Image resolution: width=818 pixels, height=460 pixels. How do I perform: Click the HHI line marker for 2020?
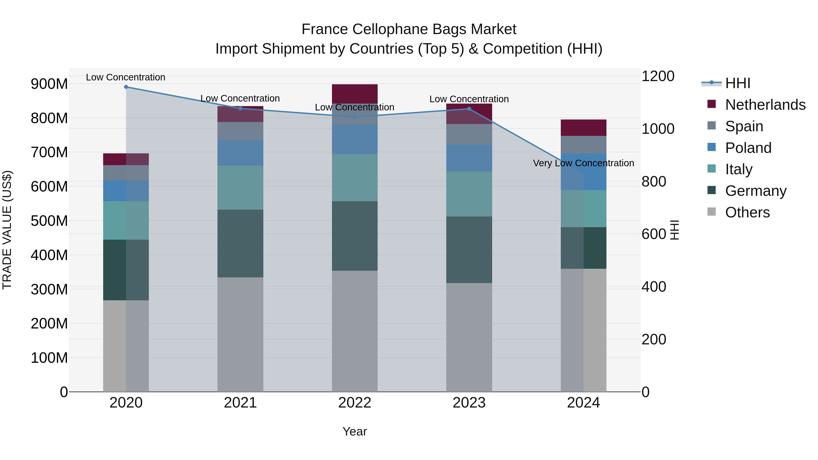(126, 87)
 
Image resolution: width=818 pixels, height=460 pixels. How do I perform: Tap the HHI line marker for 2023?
(469, 109)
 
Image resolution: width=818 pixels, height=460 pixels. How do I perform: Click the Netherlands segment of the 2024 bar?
(583, 128)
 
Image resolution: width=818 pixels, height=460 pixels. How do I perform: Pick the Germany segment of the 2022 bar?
(355, 236)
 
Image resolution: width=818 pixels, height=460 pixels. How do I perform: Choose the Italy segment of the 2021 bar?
(240, 187)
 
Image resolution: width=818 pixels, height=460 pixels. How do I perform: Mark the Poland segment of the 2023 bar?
(469, 158)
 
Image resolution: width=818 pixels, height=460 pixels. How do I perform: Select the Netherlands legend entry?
(765, 105)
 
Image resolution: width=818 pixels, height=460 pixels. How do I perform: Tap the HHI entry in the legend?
(737, 83)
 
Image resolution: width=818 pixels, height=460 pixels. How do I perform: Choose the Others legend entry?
(747, 212)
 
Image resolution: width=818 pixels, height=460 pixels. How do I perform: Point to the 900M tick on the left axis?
(49, 84)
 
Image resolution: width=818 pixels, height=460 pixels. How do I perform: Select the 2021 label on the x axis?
(240, 403)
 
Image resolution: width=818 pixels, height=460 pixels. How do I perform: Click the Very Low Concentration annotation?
(583, 163)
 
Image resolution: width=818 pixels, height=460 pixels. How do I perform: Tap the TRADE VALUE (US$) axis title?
(7, 230)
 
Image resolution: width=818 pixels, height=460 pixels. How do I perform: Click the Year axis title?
(355, 431)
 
